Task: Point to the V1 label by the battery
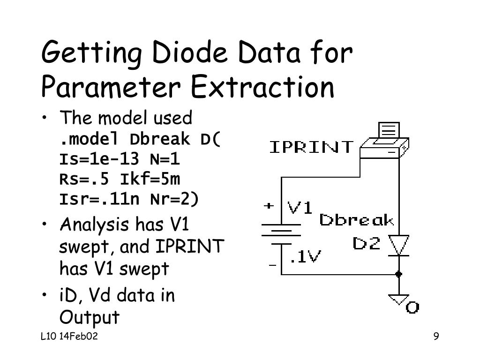(x=300, y=207)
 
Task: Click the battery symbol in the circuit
(x=281, y=234)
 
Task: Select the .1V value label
(x=305, y=256)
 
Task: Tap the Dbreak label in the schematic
(x=356, y=220)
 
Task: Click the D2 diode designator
(x=366, y=244)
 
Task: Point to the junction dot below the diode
(x=399, y=274)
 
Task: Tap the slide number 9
(x=436, y=337)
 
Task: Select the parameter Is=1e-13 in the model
(x=99, y=160)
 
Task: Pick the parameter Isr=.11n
(x=99, y=199)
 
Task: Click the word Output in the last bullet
(x=90, y=317)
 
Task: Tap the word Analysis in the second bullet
(x=95, y=225)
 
